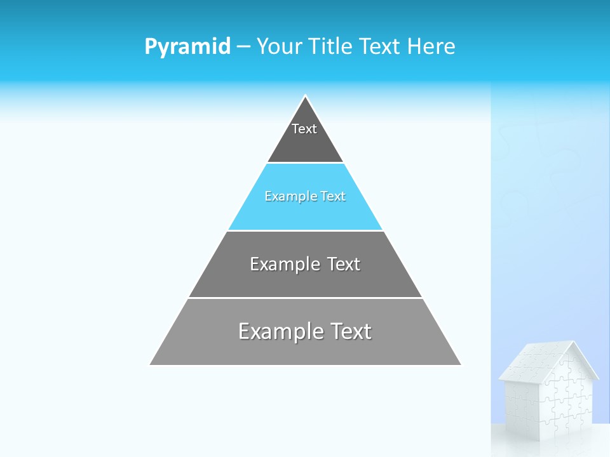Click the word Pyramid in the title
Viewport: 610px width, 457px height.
coord(187,47)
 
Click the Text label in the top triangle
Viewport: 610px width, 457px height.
coord(304,129)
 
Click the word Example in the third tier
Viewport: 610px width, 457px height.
coord(284,264)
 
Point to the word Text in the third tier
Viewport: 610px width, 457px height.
coord(344,264)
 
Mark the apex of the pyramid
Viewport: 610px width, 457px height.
coord(306,96)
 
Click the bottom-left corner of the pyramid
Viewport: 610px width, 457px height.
coord(151,364)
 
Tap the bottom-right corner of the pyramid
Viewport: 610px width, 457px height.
coord(461,364)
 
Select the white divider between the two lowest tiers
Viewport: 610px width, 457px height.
coord(305,298)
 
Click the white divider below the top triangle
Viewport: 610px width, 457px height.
coord(305,163)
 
